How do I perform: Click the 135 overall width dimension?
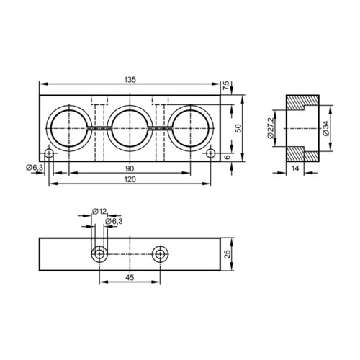click(130, 79)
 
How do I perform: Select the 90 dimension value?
click(130, 168)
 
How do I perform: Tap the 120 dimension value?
click(130, 179)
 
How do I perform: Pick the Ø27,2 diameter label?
click(271, 127)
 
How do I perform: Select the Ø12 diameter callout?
click(99, 211)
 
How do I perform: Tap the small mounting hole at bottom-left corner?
click(48, 153)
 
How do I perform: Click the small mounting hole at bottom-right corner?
click(211, 153)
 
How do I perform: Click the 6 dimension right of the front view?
click(228, 157)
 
